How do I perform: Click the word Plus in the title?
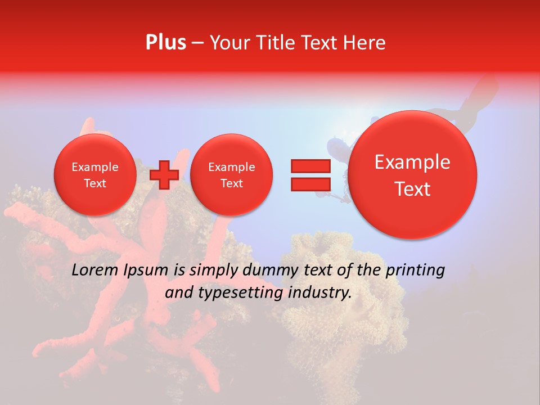[165, 43]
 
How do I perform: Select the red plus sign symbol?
[164, 175]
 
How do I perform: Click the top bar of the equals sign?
[310, 166]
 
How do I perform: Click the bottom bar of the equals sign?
[310, 184]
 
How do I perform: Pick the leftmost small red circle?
[94, 175]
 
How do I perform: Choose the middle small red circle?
[231, 175]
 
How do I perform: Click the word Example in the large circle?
[412, 162]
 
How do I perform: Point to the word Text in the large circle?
[412, 189]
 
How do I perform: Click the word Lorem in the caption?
[95, 271]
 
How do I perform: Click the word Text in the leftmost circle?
[94, 183]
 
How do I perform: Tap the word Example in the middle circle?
[231, 167]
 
